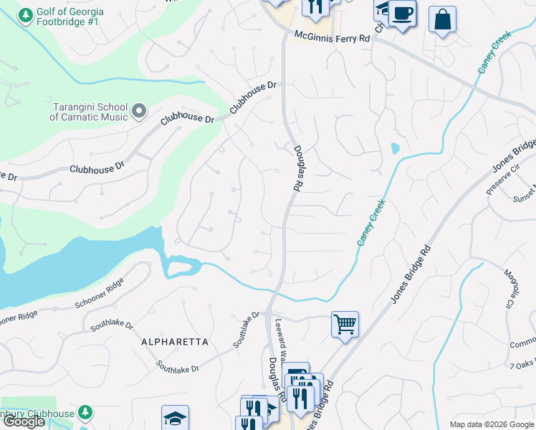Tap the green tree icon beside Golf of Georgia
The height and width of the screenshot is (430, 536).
coord(26,15)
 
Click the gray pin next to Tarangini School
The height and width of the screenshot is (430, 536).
coord(139,111)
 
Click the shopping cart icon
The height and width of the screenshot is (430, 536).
coord(345,325)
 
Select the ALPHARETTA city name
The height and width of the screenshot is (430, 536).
coord(176,342)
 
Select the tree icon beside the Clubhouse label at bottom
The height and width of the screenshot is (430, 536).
coord(85,414)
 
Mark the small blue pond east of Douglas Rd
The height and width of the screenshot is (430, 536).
coord(394,149)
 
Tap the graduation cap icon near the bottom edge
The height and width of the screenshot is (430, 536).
coord(175,418)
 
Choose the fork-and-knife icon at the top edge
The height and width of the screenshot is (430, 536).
coord(315,6)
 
